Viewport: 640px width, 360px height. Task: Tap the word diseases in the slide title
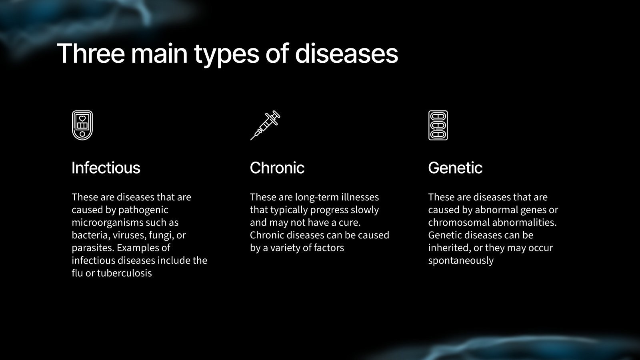point(346,53)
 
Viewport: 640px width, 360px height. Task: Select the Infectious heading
point(106,168)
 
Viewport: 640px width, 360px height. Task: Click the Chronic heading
point(277,168)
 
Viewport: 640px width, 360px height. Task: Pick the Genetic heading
point(455,168)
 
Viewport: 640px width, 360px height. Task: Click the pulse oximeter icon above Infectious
point(82,126)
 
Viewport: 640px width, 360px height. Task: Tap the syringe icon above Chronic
point(265,125)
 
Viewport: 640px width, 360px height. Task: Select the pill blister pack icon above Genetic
point(438,126)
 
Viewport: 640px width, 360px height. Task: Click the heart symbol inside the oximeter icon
point(82,118)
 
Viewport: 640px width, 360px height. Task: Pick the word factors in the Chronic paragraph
point(329,248)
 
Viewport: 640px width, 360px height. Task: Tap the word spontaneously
point(460,261)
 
